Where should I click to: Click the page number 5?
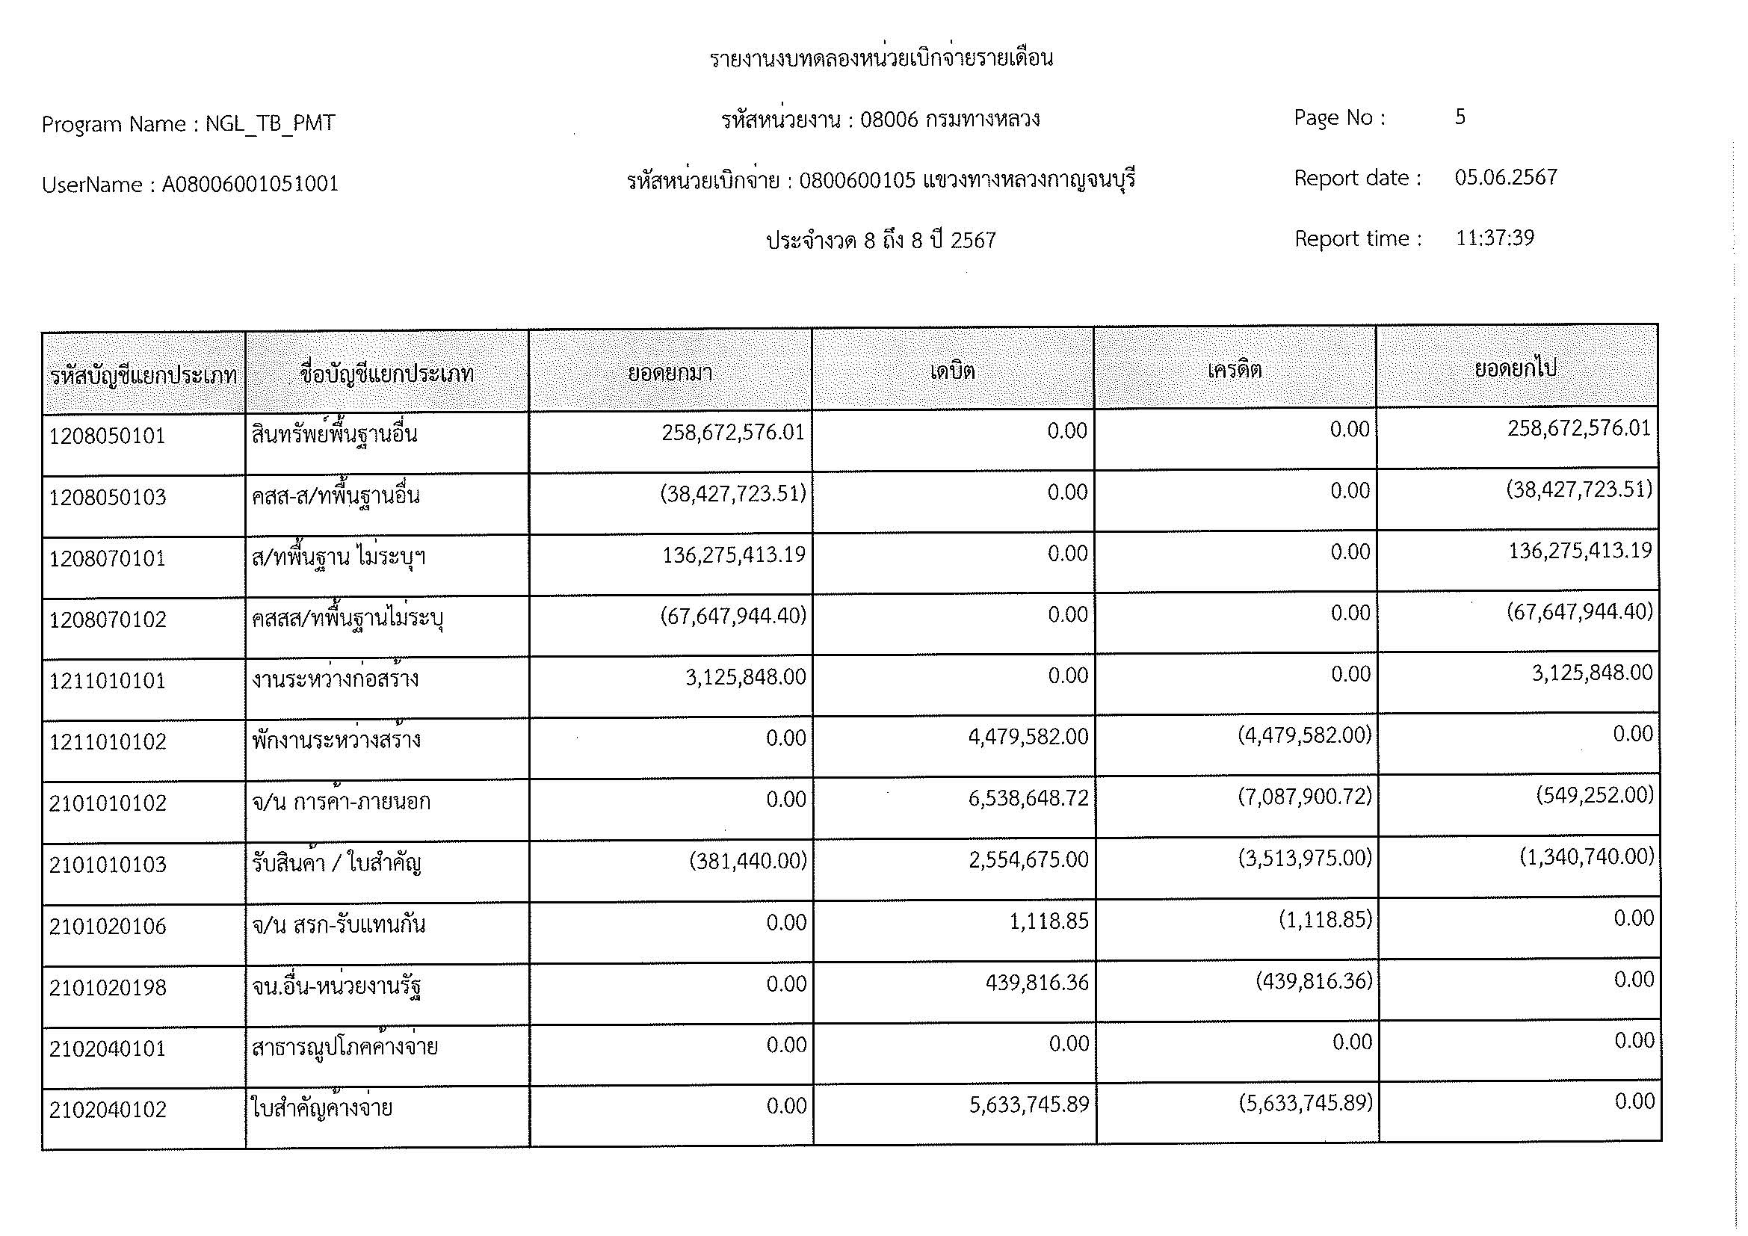click(x=1460, y=117)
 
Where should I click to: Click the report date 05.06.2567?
click(x=1505, y=177)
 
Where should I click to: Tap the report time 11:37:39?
click(x=1495, y=238)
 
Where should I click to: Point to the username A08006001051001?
click(x=250, y=184)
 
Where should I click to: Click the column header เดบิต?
click(x=952, y=371)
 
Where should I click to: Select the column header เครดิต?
click(x=1234, y=370)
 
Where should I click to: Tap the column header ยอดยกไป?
click(x=1515, y=368)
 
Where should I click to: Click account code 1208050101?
click(x=108, y=437)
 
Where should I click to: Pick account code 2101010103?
click(x=108, y=865)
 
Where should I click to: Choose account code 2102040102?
click(x=108, y=1110)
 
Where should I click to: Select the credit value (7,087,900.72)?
click(x=1304, y=797)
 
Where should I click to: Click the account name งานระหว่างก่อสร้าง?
click(x=335, y=679)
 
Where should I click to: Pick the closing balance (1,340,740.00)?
click(x=1587, y=857)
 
